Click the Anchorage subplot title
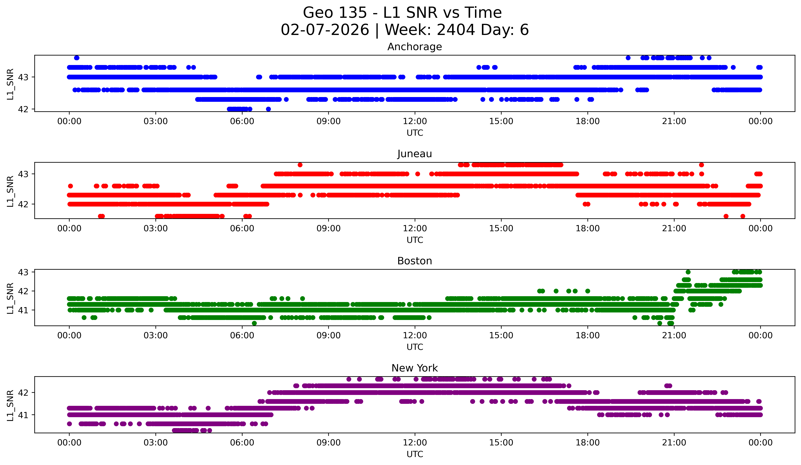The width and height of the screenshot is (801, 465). click(x=415, y=47)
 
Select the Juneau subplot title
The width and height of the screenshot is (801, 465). click(x=415, y=154)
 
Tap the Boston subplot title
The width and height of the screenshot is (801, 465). click(x=415, y=261)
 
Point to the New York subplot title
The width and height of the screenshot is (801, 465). click(x=415, y=368)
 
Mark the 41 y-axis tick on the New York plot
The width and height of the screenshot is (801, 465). click(x=23, y=415)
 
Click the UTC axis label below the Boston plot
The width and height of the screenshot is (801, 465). click(x=415, y=347)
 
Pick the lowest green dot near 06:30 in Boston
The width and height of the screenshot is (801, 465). click(x=254, y=323)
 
